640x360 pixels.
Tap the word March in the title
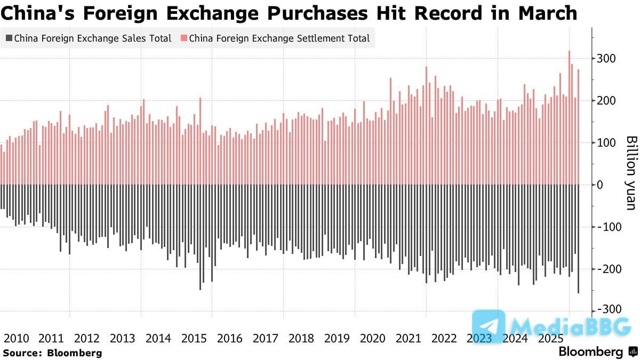(x=548, y=13)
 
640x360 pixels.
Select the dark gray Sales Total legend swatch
(x=9, y=38)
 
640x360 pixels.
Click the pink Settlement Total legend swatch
(x=183, y=38)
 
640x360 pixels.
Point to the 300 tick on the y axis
(x=606, y=58)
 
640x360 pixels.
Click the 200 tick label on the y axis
(x=606, y=100)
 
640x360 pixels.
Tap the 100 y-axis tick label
(x=606, y=142)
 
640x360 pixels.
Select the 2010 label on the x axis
(x=17, y=338)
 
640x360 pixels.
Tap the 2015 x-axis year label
(x=194, y=338)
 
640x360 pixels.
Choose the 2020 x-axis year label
(x=372, y=338)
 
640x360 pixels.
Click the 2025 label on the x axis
(x=550, y=338)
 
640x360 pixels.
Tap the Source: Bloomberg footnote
(x=52, y=353)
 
